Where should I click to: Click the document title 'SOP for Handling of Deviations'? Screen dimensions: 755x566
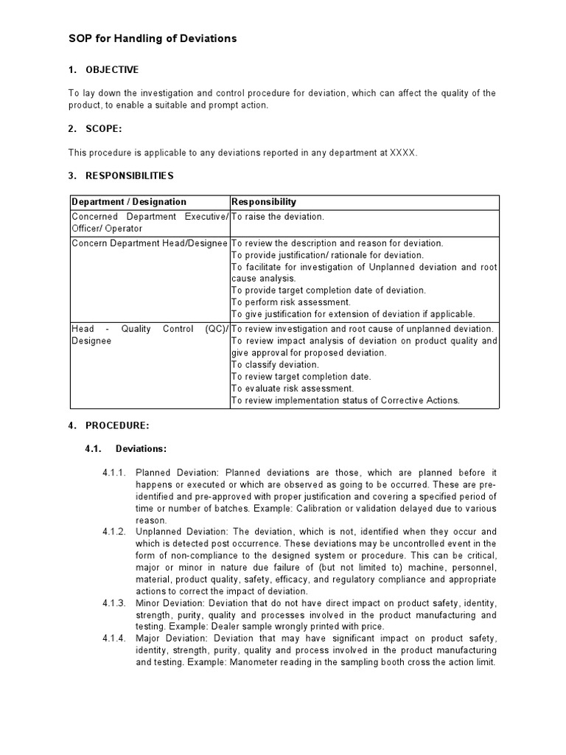[x=153, y=38]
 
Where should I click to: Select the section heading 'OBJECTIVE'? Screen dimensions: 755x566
[x=112, y=70]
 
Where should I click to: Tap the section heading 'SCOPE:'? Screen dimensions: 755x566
[x=104, y=129]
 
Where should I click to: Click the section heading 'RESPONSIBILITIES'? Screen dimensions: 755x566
[x=130, y=176]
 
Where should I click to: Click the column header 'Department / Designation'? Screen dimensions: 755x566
[x=129, y=202]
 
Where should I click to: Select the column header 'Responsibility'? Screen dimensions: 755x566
[x=264, y=202]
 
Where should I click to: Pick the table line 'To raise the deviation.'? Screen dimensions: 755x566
[x=278, y=217]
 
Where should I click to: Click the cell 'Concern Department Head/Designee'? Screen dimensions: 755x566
[x=150, y=243]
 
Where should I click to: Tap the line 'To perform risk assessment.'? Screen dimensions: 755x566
[x=291, y=302]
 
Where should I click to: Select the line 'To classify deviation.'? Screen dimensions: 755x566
[x=275, y=365]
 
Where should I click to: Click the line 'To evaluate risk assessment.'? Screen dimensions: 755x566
[x=293, y=389]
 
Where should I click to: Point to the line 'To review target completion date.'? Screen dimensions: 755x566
[x=301, y=377]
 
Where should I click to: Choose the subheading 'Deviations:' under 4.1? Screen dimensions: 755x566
[x=141, y=448]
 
